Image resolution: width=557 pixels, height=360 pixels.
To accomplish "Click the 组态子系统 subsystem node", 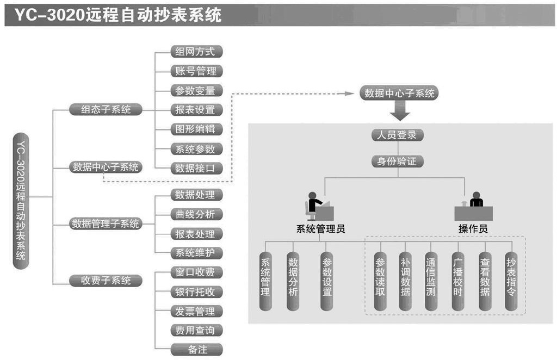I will tap(106, 109).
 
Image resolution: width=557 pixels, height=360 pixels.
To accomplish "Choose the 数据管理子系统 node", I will tap(106, 224).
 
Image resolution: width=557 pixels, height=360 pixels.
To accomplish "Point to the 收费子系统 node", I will tap(106, 281).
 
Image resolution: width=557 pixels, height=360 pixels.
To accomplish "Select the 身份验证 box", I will tap(397, 162).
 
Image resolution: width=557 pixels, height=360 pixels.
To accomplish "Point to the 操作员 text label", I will tap(473, 229).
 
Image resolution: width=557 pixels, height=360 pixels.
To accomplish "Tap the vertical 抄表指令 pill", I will tap(511, 281).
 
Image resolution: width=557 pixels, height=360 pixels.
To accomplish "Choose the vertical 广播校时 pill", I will tap(458, 281).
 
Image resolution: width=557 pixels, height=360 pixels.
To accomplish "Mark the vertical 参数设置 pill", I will tap(327, 281).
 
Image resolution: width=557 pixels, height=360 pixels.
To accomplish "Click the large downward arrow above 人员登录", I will tap(400, 112).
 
